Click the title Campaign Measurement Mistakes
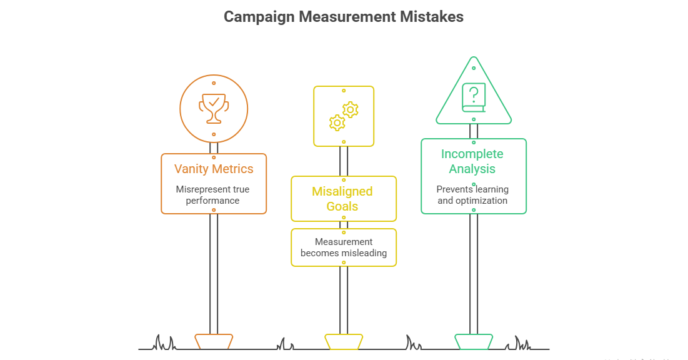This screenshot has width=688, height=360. (x=344, y=17)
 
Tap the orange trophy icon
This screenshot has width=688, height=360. (x=214, y=108)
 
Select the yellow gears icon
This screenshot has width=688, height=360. (x=344, y=116)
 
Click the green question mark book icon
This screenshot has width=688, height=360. (x=474, y=98)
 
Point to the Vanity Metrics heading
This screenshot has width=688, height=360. (x=214, y=169)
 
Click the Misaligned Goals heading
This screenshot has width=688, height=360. (x=342, y=199)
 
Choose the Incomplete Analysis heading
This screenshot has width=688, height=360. (x=472, y=161)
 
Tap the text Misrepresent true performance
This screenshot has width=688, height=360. (x=213, y=195)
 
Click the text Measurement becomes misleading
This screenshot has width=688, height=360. (x=343, y=247)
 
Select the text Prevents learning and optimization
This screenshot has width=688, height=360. (x=472, y=195)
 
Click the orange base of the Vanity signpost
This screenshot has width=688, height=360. (x=214, y=341)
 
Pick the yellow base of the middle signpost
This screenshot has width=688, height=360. (x=344, y=341)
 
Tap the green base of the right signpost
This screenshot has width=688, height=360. (x=474, y=341)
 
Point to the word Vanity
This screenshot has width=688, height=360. (x=192, y=169)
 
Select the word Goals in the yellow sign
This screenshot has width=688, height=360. (x=342, y=206)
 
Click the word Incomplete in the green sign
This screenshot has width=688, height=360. (x=472, y=154)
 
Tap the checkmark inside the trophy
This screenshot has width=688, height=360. (x=214, y=101)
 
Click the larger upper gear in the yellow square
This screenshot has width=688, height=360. (x=351, y=110)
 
